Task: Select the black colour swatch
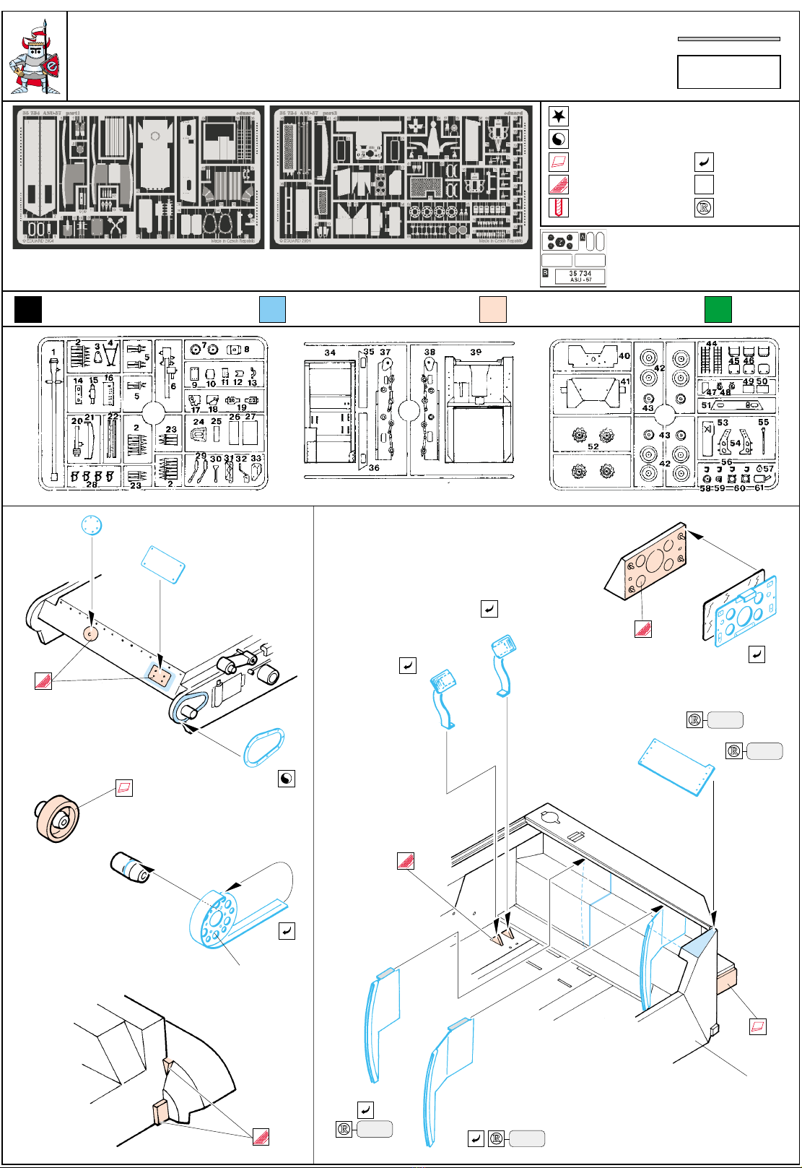28,309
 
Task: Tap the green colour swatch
718,309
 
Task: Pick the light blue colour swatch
272,309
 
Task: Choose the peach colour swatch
493,309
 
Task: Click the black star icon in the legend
559,116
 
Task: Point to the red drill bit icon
559,208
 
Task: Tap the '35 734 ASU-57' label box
580,276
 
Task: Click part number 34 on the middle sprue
330,352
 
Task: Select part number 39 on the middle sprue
476,352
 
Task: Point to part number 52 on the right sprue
593,446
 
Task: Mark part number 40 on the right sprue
624,355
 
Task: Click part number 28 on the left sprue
92,484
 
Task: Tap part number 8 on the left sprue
247,349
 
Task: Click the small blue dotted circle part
92,525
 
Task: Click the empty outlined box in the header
728,72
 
